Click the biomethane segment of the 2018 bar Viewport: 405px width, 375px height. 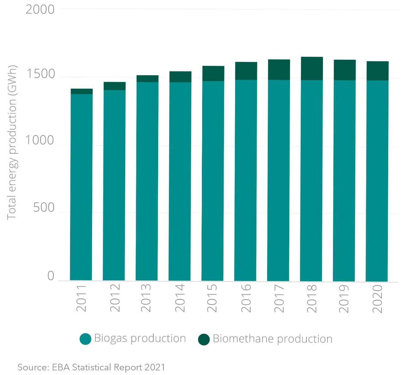pos(312,69)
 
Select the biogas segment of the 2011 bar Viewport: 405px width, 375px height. pos(81,186)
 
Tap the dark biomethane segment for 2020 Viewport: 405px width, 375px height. pos(377,71)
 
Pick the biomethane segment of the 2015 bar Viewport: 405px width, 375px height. pos(213,74)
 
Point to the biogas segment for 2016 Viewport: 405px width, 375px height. pos(246,180)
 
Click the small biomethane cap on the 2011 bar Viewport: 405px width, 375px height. pos(82,91)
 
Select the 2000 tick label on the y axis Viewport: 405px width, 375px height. pos(40,10)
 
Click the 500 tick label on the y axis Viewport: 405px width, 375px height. pos(44,207)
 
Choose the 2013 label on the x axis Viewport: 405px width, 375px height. pos(146,298)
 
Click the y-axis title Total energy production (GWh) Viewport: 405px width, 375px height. pos(11,143)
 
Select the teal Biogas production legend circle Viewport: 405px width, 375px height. pos(85,339)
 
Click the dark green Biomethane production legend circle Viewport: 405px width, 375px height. pos(204,339)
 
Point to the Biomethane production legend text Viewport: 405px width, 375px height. pos(272,339)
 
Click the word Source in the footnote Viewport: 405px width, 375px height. pos(32,367)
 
